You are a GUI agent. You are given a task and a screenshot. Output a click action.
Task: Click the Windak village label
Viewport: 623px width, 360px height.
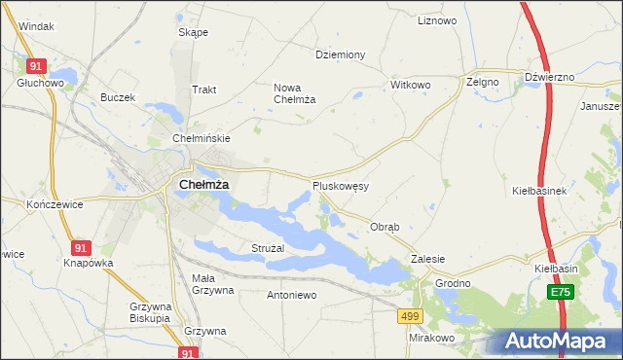coord(36,26)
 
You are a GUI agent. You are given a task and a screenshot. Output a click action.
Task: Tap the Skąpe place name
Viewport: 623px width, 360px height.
coord(193,32)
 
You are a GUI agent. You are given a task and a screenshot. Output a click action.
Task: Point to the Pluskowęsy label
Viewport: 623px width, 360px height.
coord(340,185)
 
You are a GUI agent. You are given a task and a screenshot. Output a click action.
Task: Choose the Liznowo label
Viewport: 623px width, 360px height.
coord(436,20)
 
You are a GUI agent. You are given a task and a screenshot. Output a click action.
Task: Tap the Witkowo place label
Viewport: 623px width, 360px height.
coord(410,85)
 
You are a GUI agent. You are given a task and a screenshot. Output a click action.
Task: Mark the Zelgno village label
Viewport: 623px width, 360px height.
coord(482,83)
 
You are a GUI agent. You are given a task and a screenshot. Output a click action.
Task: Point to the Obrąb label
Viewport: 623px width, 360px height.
coord(385,227)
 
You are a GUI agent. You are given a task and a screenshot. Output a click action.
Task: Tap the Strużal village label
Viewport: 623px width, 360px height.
coord(267,249)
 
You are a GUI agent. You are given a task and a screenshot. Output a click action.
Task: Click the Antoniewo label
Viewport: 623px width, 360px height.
coord(291,294)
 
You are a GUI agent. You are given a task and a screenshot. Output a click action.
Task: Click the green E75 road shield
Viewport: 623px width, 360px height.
coord(560,292)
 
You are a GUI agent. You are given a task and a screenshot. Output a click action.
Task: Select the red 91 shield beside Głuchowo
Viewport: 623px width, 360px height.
coord(36,65)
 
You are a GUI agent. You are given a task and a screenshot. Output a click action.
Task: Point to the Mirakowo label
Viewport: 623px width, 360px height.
coord(432,338)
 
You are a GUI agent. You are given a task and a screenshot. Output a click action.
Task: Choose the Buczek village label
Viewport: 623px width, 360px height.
coord(118,97)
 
